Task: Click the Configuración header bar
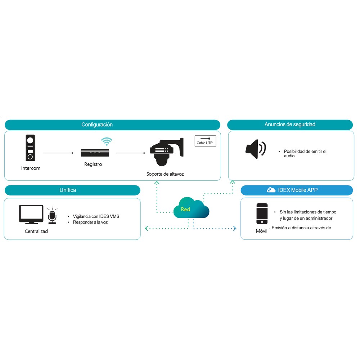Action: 112,125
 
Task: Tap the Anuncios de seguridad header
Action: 290,125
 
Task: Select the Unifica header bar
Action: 72,190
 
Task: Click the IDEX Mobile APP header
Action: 297,190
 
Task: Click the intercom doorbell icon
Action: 30,148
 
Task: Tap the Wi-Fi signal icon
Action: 107,141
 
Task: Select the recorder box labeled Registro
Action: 95,153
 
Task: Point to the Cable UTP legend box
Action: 205,141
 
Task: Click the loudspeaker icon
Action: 256,149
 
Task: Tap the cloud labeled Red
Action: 191,208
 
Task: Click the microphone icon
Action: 52,216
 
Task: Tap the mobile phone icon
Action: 262,213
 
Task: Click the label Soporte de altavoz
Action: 165,174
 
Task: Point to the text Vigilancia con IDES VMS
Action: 96,216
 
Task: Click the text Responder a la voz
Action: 90,222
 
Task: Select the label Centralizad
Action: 36,231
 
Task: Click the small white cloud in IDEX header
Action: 271,190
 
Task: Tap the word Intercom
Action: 31,168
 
